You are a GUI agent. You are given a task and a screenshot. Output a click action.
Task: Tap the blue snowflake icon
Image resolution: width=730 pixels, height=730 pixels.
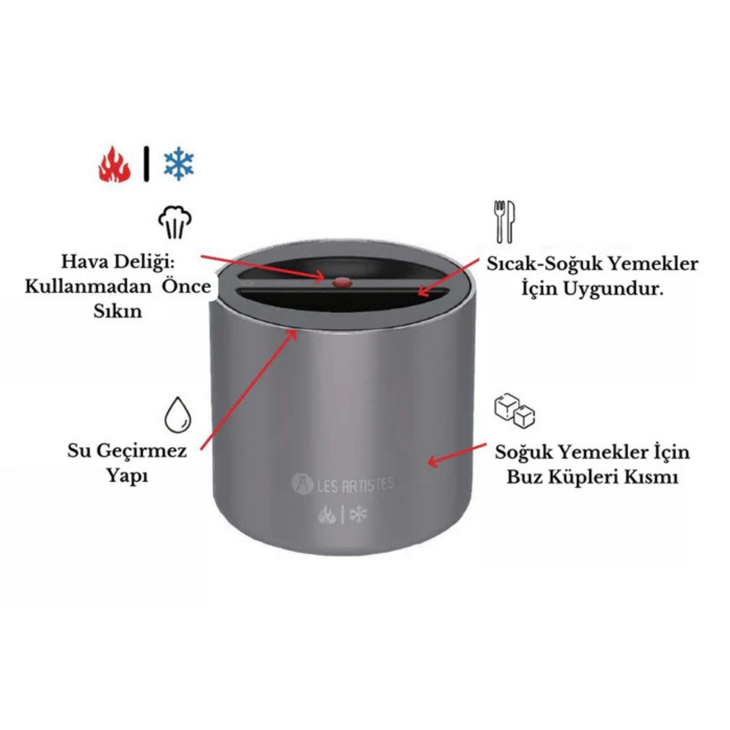coord(179,164)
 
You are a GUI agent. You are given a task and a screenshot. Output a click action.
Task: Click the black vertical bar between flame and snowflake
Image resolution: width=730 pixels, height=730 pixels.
coord(146,164)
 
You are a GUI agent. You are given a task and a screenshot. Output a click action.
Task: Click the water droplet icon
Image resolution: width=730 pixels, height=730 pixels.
coord(178,415)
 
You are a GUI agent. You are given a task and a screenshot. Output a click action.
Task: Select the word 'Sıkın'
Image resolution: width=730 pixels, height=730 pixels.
coord(118,311)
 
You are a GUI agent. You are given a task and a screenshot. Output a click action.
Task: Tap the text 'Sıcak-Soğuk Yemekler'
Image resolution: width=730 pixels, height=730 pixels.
coord(592,264)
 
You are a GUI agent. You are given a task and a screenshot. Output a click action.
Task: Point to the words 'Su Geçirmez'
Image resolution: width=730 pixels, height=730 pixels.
coord(127,451)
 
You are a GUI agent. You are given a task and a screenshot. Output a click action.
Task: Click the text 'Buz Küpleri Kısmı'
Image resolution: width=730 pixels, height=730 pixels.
coord(592,477)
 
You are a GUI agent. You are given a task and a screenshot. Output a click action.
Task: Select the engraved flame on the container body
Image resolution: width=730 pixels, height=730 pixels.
coord(327,515)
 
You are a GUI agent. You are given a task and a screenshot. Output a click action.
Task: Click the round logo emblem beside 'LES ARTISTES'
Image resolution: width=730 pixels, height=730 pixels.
coord(302,484)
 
